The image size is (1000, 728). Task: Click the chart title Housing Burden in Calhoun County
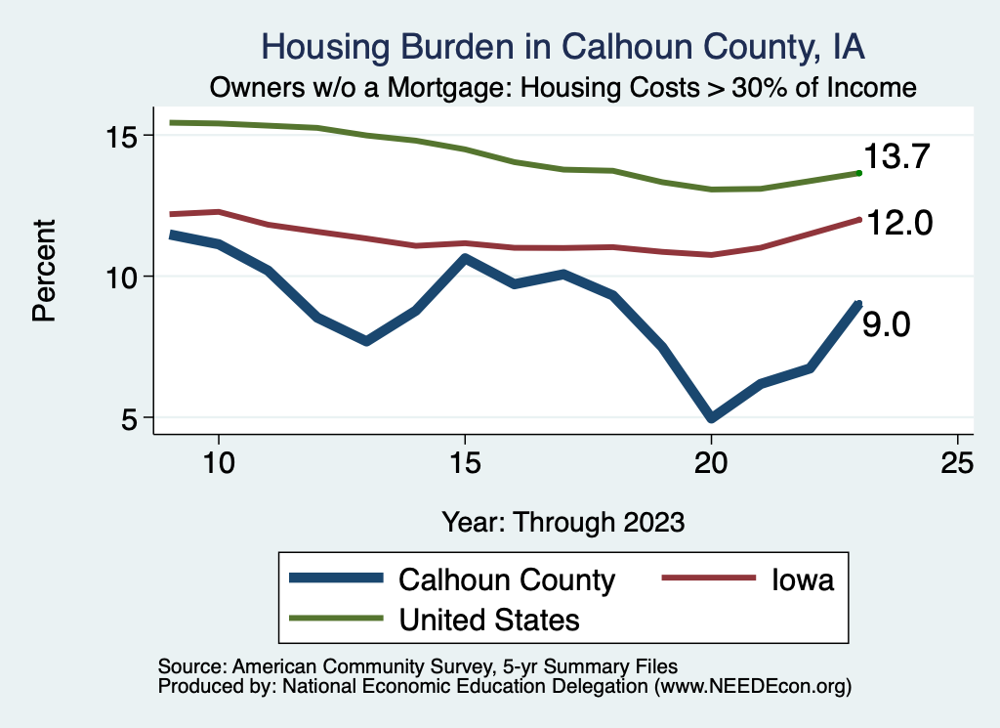tap(563, 47)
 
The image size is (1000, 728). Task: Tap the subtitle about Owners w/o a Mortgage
tap(563, 88)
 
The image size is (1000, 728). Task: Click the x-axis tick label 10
tap(219, 464)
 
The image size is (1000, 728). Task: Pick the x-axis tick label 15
tap(465, 464)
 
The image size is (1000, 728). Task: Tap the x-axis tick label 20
tap(711, 464)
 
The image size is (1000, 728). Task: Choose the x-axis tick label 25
tap(957, 464)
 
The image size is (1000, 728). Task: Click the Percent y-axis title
tap(43, 277)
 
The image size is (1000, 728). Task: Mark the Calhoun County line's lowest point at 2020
tap(711, 418)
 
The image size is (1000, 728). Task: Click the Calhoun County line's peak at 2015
tap(465, 259)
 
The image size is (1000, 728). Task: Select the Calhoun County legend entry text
tap(507, 580)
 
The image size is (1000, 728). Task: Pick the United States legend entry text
tap(489, 620)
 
